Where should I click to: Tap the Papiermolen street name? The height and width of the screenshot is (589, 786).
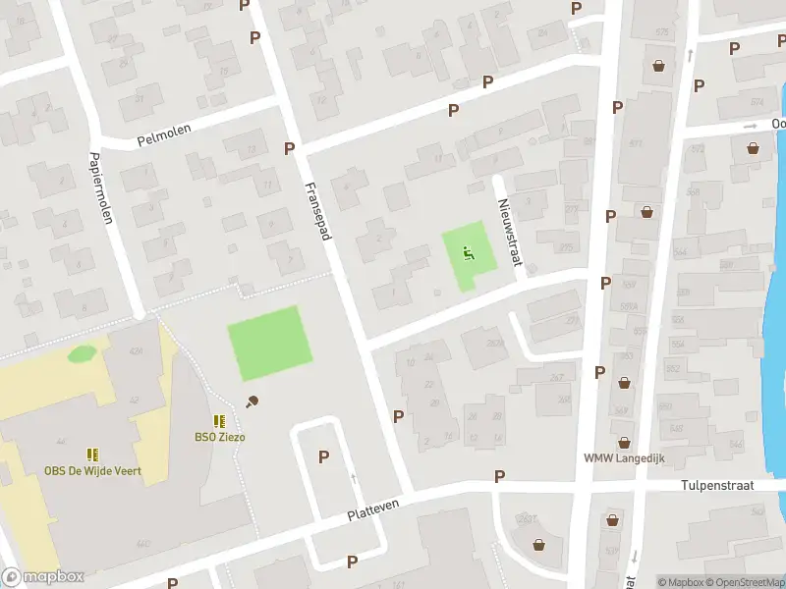(x=101, y=188)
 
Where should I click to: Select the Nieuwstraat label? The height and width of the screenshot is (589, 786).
(x=507, y=231)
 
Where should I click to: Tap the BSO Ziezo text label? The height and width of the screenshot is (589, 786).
(x=219, y=436)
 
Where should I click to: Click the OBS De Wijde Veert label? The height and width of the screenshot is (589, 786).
(x=92, y=471)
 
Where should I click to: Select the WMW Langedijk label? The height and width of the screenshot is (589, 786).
(x=623, y=457)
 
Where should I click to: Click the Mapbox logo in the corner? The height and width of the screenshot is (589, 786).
(x=42, y=577)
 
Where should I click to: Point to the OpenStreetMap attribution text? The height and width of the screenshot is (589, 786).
(x=743, y=582)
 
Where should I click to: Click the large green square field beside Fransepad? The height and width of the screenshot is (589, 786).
(x=269, y=344)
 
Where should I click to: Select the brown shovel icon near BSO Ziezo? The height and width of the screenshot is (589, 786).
(x=253, y=401)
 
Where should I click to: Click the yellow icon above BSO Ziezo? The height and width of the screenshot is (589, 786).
(x=219, y=420)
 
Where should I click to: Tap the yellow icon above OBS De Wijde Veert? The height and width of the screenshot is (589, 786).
(x=92, y=455)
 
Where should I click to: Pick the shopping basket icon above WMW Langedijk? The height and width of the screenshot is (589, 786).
(x=623, y=442)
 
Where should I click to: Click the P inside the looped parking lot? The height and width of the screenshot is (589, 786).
(x=323, y=455)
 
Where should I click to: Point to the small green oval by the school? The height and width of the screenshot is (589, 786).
(x=82, y=352)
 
